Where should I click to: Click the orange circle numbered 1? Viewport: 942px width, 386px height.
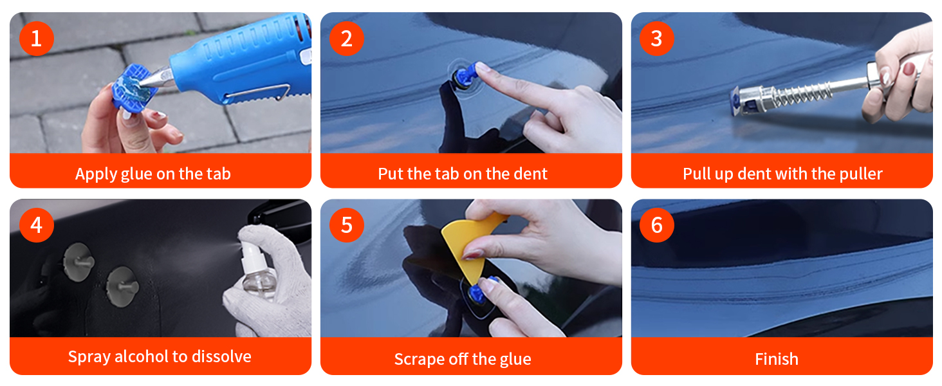click(37, 39)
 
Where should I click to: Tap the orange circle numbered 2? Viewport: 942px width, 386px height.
click(347, 39)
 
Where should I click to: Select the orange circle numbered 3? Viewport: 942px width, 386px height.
click(657, 39)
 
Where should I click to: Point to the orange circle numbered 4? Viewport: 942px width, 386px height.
click(37, 225)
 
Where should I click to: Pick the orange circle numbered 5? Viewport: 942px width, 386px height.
click(347, 225)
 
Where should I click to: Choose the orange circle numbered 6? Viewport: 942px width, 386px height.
click(657, 225)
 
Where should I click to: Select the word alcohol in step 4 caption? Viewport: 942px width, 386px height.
click(142, 356)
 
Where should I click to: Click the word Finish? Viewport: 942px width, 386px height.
click(776, 359)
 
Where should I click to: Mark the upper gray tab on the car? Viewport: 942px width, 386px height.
click(78, 262)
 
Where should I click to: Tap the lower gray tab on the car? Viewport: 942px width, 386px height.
click(122, 286)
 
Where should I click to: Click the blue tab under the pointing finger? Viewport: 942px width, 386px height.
click(466, 76)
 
